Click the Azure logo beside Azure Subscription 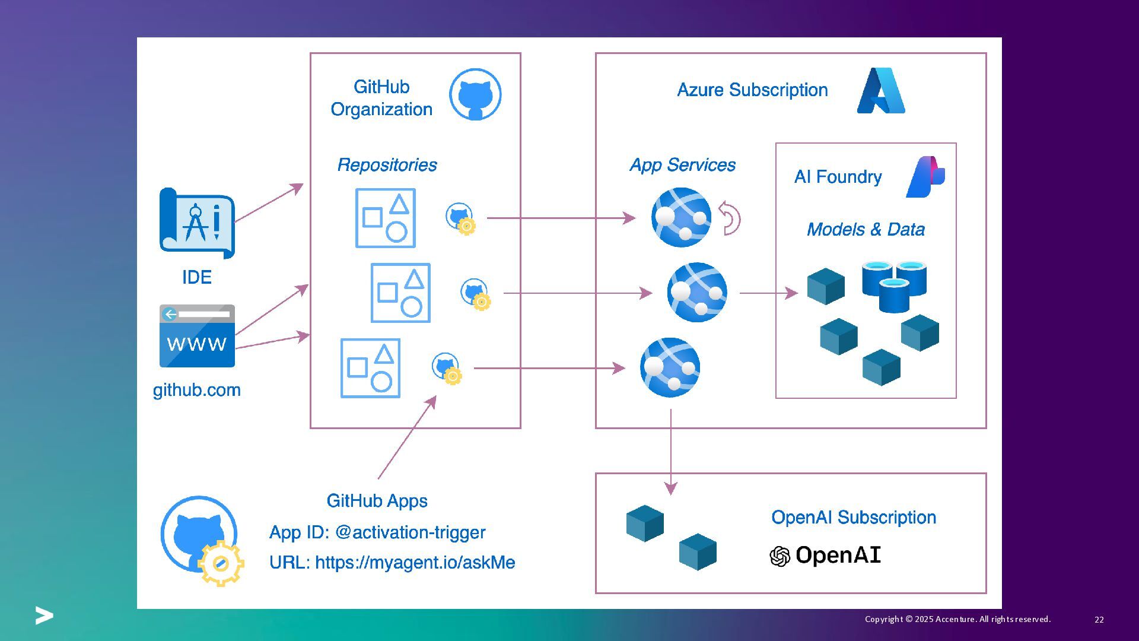pos(881,91)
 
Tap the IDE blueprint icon pos(197,223)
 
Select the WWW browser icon pos(197,336)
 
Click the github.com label pos(197,390)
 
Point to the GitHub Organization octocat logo pos(475,94)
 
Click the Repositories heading pos(387,165)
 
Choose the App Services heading pos(682,165)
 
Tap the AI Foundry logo pos(925,177)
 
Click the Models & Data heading pos(866,230)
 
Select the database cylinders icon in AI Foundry pos(894,286)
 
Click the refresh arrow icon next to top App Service pos(730,218)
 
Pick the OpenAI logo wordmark pos(825,556)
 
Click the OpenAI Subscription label pos(854,518)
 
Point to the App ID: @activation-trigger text pos(377,532)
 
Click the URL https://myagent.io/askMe pos(392,563)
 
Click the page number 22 pos(1099,620)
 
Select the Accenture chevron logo pos(44,615)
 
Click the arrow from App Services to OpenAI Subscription pos(671,451)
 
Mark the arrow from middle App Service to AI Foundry pos(768,293)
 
